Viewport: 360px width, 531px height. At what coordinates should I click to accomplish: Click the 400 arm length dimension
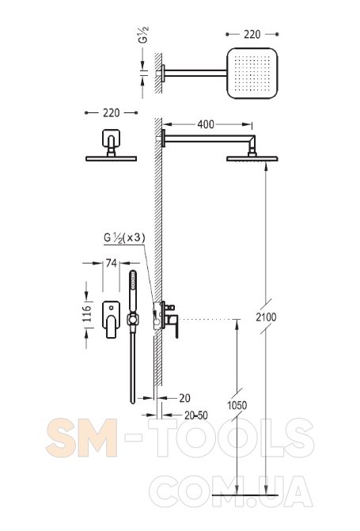pyautogui.click(x=206, y=124)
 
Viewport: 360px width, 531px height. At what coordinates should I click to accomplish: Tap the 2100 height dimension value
pyautogui.click(x=266, y=317)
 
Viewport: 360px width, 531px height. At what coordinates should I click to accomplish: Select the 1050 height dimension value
pyautogui.click(x=237, y=405)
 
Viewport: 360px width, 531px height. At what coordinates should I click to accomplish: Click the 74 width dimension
pyautogui.click(x=111, y=263)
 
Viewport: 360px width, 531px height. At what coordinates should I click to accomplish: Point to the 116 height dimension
pyautogui.click(x=87, y=313)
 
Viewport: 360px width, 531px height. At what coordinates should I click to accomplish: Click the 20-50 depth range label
pyautogui.click(x=196, y=415)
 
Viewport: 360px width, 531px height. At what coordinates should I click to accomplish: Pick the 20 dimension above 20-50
pyautogui.click(x=184, y=398)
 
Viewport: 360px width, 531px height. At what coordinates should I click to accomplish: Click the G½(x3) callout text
pyautogui.click(x=124, y=237)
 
